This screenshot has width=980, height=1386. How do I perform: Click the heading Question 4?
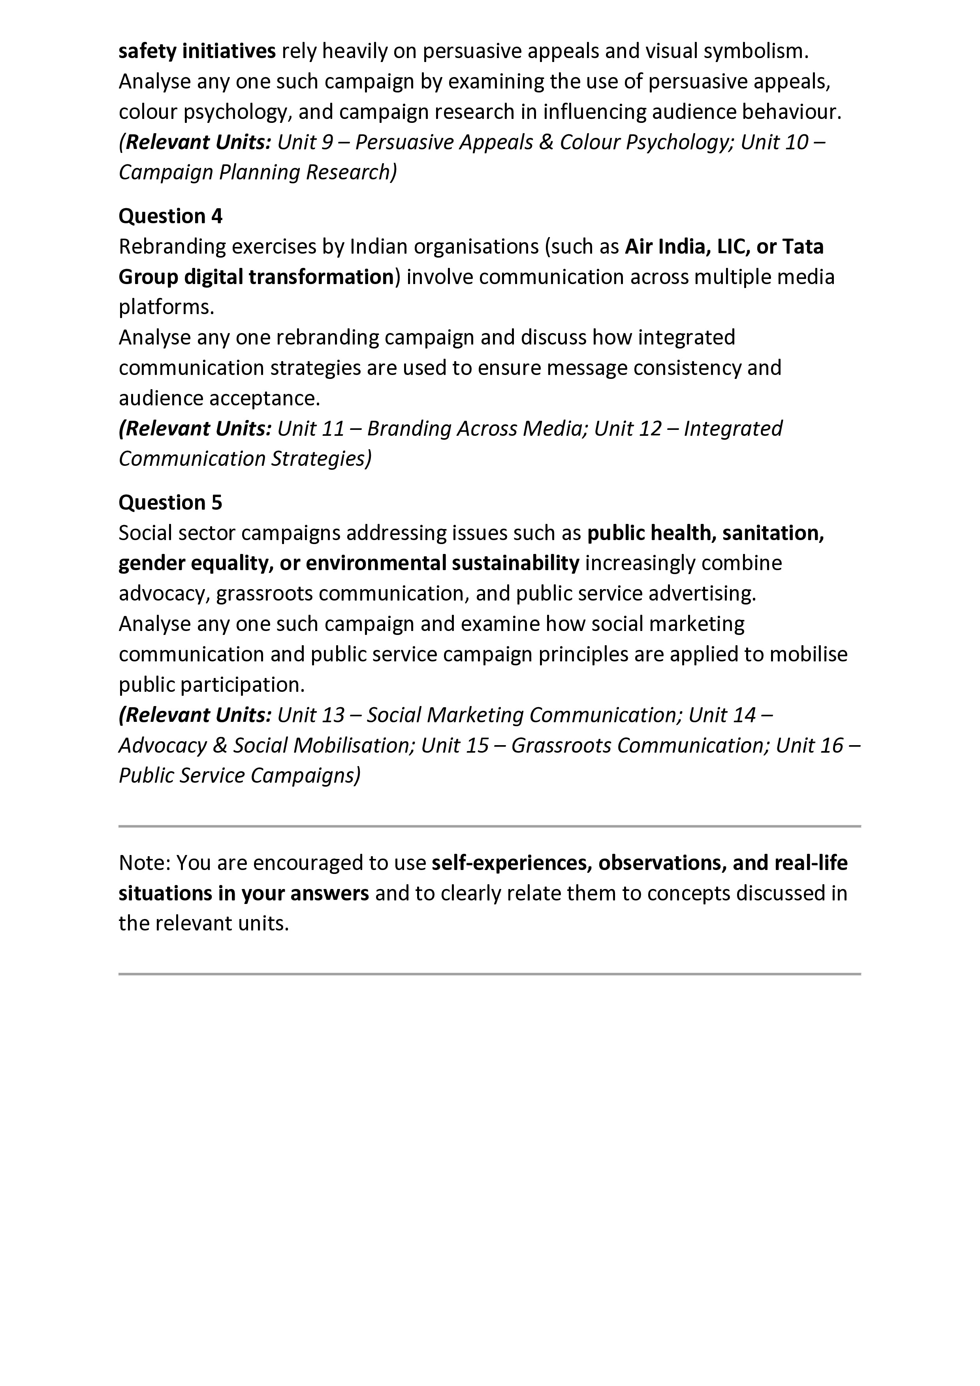[x=170, y=216]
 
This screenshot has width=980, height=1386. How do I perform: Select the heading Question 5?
[x=170, y=502]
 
